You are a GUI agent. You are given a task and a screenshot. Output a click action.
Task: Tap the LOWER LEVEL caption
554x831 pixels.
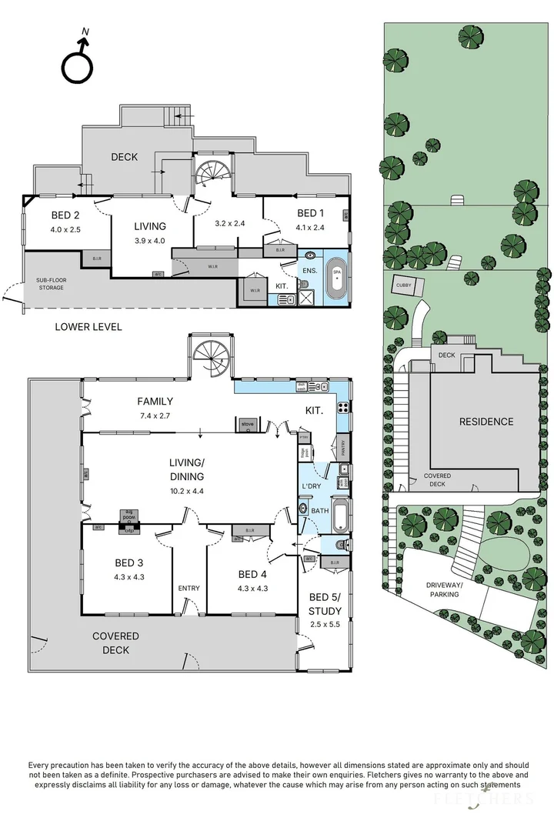click(x=88, y=327)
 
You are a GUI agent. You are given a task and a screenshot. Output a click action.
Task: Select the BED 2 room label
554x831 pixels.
click(x=65, y=215)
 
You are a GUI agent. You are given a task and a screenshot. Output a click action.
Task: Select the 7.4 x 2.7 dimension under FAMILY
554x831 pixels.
click(x=155, y=414)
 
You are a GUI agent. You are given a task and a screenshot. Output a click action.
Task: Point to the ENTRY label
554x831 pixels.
click(x=189, y=589)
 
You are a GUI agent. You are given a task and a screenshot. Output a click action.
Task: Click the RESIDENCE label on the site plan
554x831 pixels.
click(x=486, y=422)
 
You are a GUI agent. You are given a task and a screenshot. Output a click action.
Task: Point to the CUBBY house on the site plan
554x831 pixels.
click(x=405, y=285)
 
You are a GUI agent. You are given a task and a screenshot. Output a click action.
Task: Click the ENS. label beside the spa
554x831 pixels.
click(x=309, y=272)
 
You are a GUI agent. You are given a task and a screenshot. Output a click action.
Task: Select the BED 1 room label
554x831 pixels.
click(x=312, y=215)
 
